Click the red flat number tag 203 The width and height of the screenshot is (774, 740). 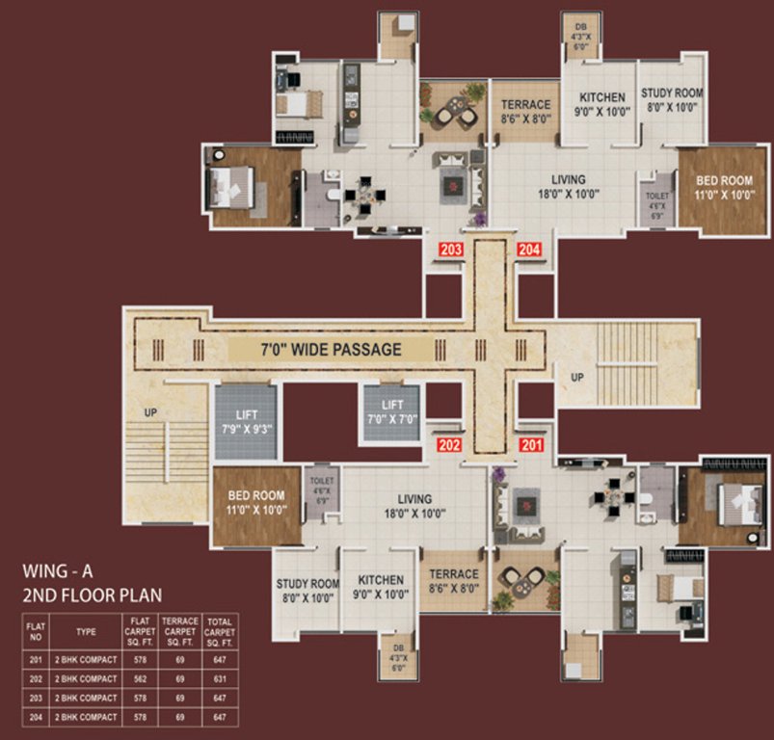click(x=451, y=250)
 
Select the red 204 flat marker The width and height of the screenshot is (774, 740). click(x=530, y=250)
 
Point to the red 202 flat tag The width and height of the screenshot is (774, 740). click(x=450, y=445)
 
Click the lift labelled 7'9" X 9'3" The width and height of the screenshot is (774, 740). click(x=245, y=425)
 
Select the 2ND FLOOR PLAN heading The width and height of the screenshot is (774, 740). click(x=93, y=595)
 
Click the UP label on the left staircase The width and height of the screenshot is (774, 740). click(x=150, y=411)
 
